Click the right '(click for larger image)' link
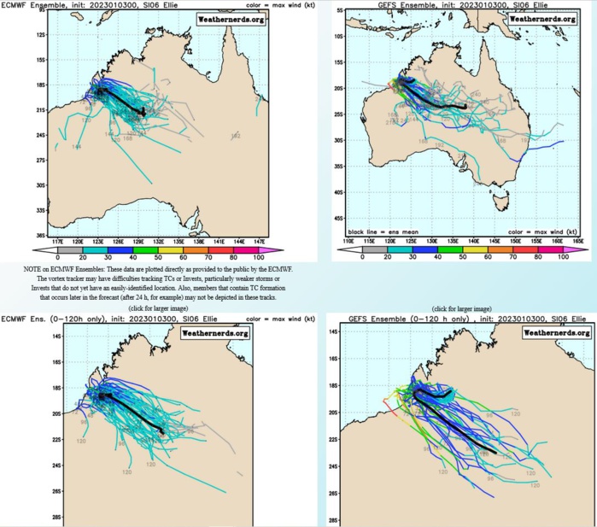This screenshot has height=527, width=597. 466,307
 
